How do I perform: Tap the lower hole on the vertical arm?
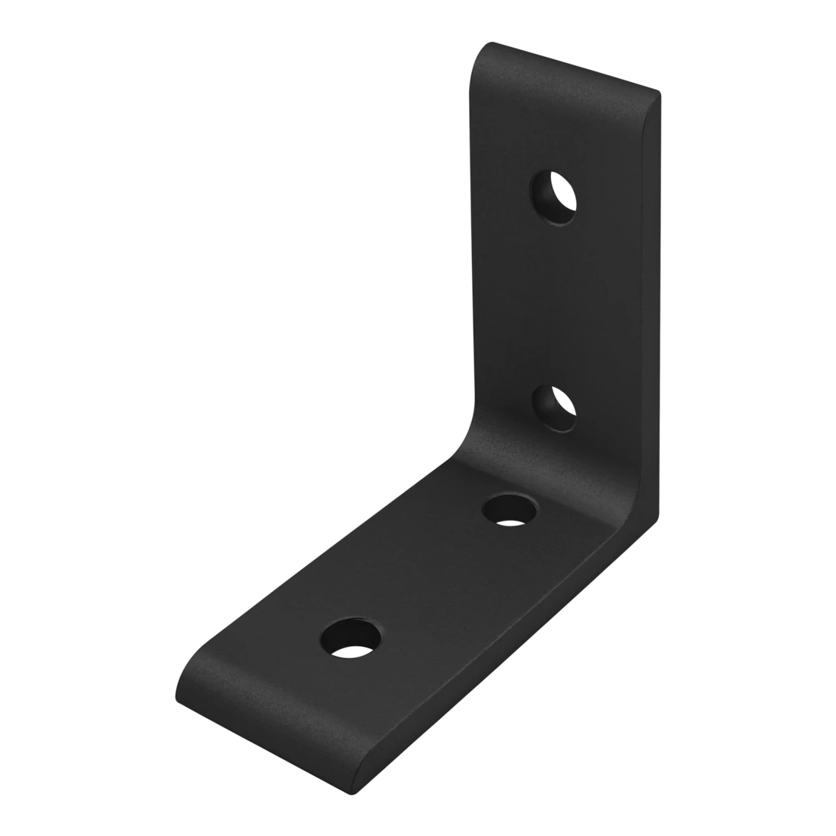(558, 407)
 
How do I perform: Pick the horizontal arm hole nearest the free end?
(352, 637)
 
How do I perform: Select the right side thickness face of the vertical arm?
(654, 304)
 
